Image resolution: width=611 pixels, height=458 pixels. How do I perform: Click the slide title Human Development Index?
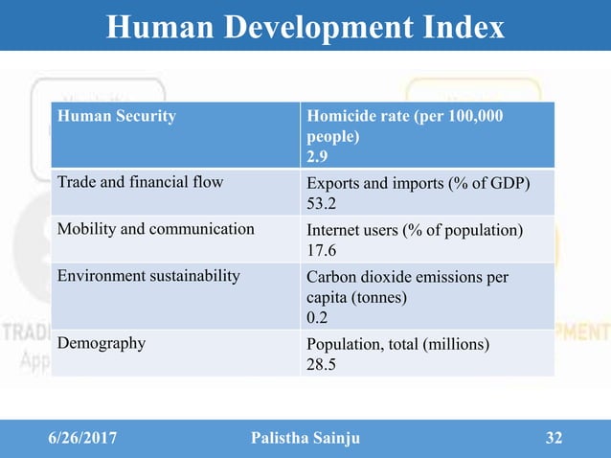[x=305, y=27]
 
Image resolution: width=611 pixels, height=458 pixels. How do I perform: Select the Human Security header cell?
[x=117, y=117]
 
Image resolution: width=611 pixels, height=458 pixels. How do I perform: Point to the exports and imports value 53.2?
[x=323, y=204]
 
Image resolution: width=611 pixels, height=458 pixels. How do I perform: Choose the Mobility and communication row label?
[x=155, y=229]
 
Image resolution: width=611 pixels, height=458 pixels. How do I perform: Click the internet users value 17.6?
[x=323, y=252]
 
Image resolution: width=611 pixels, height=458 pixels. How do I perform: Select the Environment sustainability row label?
[x=148, y=277]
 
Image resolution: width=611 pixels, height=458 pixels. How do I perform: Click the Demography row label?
[x=102, y=342]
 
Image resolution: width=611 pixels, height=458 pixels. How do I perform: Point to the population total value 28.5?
[x=322, y=364]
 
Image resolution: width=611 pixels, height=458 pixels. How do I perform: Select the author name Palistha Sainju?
[x=306, y=439]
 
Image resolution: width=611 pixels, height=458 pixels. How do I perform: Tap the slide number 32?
[x=553, y=439]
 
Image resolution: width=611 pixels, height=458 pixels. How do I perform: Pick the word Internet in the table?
[x=334, y=230]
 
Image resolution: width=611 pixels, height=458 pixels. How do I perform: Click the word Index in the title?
[x=457, y=27]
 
